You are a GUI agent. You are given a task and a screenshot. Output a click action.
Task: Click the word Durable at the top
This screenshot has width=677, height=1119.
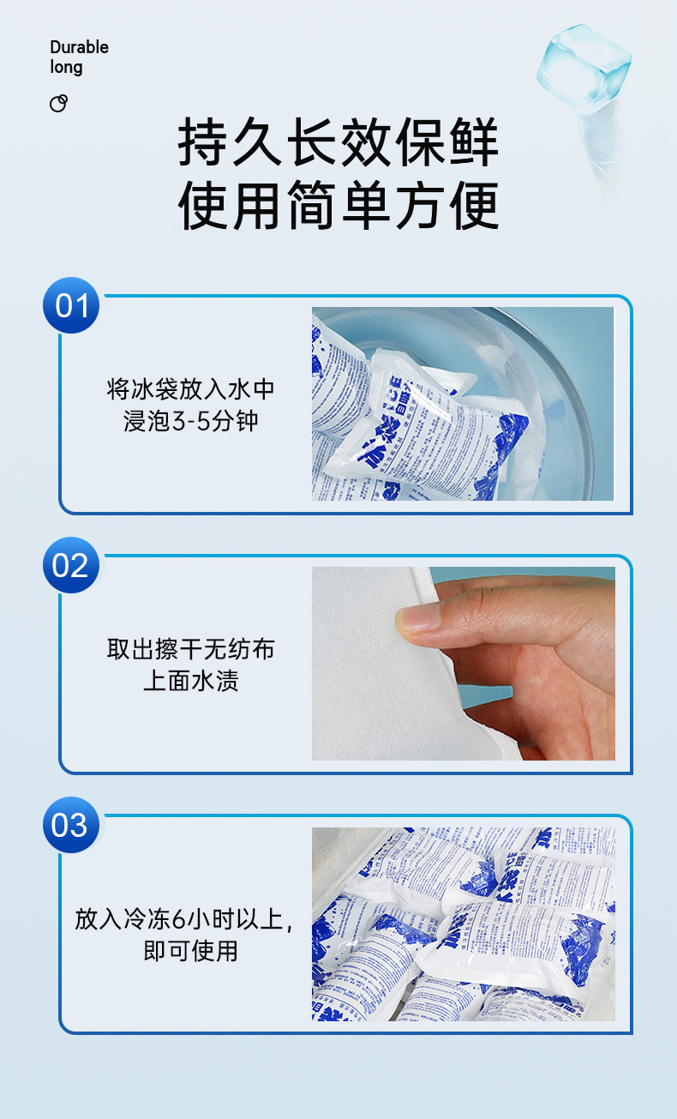pyautogui.click(x=79, y=47)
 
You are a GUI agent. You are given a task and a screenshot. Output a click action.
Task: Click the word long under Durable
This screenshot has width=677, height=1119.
pyautogui.click(x=66, y=68)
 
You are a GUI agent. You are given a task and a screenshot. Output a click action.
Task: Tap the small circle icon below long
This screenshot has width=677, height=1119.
pyautogui.click(x=58, y=104)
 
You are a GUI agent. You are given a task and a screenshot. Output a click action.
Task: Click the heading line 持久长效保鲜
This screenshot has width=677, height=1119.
pyautogui.click(x=338, y=143)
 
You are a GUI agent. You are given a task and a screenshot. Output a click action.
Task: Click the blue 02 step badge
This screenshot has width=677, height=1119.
pyautogui.click(x=71, y=566)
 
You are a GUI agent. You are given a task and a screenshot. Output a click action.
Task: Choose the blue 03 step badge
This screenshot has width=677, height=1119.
pyautogui.click(x=71, y=825)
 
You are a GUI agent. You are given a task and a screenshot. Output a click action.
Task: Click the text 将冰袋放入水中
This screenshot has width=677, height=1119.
pyautogui.click(x=190, y=388)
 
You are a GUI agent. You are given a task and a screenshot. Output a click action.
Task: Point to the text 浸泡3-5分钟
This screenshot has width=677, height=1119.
pyautogui.click(x=190, y=421)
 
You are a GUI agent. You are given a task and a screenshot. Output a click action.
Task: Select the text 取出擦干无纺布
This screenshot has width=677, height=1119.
pyautogui.click(x=190, y=648)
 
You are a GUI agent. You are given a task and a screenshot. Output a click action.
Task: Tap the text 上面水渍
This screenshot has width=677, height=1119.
pyautogui.click(x=190, y=681)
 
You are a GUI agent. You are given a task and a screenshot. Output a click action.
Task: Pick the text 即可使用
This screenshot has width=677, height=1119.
pyautogui.click(x=190, y=951)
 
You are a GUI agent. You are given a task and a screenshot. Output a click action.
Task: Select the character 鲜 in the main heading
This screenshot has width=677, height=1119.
pyautogui.click(x=472, y=143)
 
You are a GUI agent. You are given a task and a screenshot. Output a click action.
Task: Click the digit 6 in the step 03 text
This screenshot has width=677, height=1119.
pyautogui.click(x=178, y=920)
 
